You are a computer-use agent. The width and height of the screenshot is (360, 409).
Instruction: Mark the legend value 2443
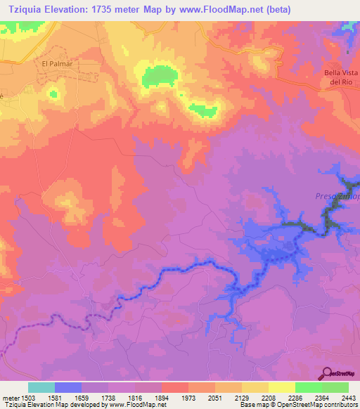[348, 397]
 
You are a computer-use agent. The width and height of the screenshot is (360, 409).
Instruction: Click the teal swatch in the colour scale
[41, 387]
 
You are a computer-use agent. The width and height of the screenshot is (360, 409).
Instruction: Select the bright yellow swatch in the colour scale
[281, 387]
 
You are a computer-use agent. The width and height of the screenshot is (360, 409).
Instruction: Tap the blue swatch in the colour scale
[67, 387]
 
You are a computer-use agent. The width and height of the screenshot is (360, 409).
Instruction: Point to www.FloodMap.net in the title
[215, 9]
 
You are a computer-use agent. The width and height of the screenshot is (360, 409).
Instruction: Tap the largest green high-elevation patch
[160, 75]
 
